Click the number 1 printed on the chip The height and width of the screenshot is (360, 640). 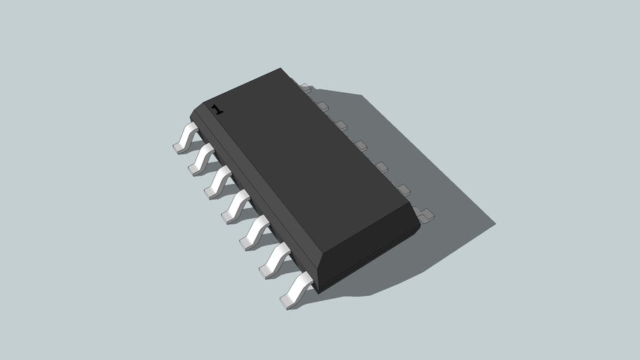(x=217, y=110)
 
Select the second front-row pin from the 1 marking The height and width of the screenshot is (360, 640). (x=203, y=159)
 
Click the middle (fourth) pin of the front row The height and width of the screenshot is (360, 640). (x=237, y=205)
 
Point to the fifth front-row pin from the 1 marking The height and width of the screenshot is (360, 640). (x=255, y=232)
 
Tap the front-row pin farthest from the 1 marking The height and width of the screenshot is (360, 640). (x=297, y=289)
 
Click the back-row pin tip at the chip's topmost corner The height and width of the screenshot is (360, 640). (x=306, y=89)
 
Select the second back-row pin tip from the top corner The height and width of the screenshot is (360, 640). (x=323, y=106)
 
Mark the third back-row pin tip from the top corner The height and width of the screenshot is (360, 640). (x=341, y=125)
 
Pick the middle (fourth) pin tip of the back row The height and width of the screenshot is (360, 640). (x=361, y=145)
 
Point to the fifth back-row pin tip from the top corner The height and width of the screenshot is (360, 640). (x=381, y=167)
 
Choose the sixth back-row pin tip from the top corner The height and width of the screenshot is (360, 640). (x=403, y=189)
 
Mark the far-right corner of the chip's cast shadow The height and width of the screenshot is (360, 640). (x=495, y=225)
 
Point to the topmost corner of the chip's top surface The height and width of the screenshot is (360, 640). (x=281, y=68)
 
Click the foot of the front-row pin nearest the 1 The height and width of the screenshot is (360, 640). (x=179, y=148)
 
